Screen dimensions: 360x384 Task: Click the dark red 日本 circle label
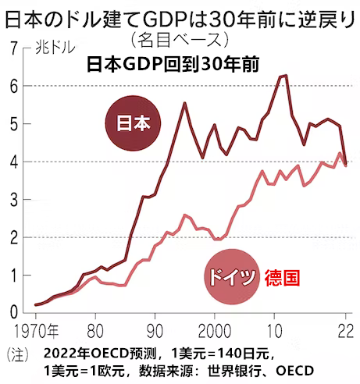pyautogui.click(x=133, y=123)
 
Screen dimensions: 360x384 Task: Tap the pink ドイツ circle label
pyautogui.click(x=232, y=277)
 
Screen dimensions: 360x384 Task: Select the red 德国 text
pyautogui.click(x=282, y=278)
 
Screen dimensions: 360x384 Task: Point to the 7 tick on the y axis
pyautogui.click(x=14, y=48)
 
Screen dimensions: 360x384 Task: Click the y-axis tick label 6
pyautogui.click(x=14, y=86)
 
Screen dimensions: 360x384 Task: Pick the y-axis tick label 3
pyautogui.click(x=14, y=200)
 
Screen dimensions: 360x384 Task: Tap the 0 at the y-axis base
pyautogui.click(x=14, y=312)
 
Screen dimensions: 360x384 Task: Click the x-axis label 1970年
pyautogui.click(x=36, y=331)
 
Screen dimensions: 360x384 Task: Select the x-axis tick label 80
pyautogui.click(x=95, y=331)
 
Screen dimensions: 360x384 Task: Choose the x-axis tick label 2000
pyautogui.click(x=215, y=331)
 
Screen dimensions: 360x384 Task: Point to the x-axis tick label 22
pyautogui.click(x=346, y=331)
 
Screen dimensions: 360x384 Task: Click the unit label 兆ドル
pyautogui.click(x=55, y=48)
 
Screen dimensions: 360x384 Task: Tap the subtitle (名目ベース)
pyautogui.click(x=180, y=40)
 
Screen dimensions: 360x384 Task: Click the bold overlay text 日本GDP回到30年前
pyautogui.click(x=173, y=64)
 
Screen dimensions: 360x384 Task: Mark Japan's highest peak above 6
pyautogui.click(x=286, y=76)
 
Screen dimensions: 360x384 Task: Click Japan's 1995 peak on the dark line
pyautogui.click(x=184, y=103)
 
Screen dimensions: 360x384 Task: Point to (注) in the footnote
pyautogui.click(x=18, y=354)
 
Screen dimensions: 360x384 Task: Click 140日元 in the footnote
pyautogui.click(x=243, y=354)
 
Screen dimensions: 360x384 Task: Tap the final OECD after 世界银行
pyautogui.click(x=294, y=371)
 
